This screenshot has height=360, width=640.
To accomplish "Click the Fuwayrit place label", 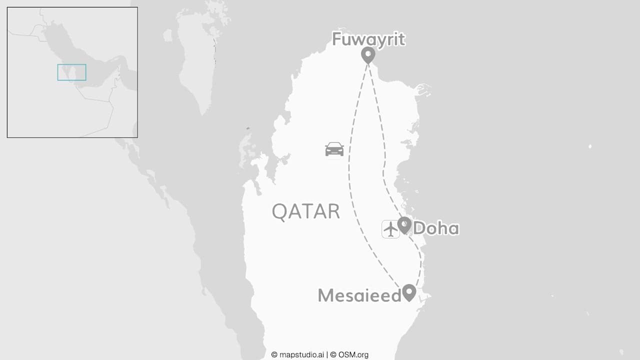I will (x=368, y=39).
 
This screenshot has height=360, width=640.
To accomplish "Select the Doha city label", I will (x=436, y=228).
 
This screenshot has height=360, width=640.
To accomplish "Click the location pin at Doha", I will (x=404, y=224).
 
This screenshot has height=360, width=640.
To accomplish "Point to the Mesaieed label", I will (x=359, y=295).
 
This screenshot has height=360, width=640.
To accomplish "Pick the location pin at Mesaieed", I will (x=409, y=292).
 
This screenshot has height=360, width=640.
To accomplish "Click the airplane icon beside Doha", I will (x=390, y=229).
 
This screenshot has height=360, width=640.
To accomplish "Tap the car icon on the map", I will (x=334, y=149).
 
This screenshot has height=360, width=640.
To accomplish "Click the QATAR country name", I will (x=305, y=211).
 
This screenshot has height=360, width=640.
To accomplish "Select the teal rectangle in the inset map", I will (x=71, y=72).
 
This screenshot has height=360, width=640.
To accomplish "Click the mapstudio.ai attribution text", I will (x=298, y=355).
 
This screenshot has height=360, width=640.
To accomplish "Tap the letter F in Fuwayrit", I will (x=337, y=39).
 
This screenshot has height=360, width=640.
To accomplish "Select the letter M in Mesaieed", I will (x=326, y=295).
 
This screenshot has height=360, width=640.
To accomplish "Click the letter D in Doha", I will (x=420, y=228).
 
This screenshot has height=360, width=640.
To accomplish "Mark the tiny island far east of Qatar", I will (x=590, y=146).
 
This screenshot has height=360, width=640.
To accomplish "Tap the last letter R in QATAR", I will (x=333, y=211).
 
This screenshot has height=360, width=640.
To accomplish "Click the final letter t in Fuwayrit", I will (x=401, y=39).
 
